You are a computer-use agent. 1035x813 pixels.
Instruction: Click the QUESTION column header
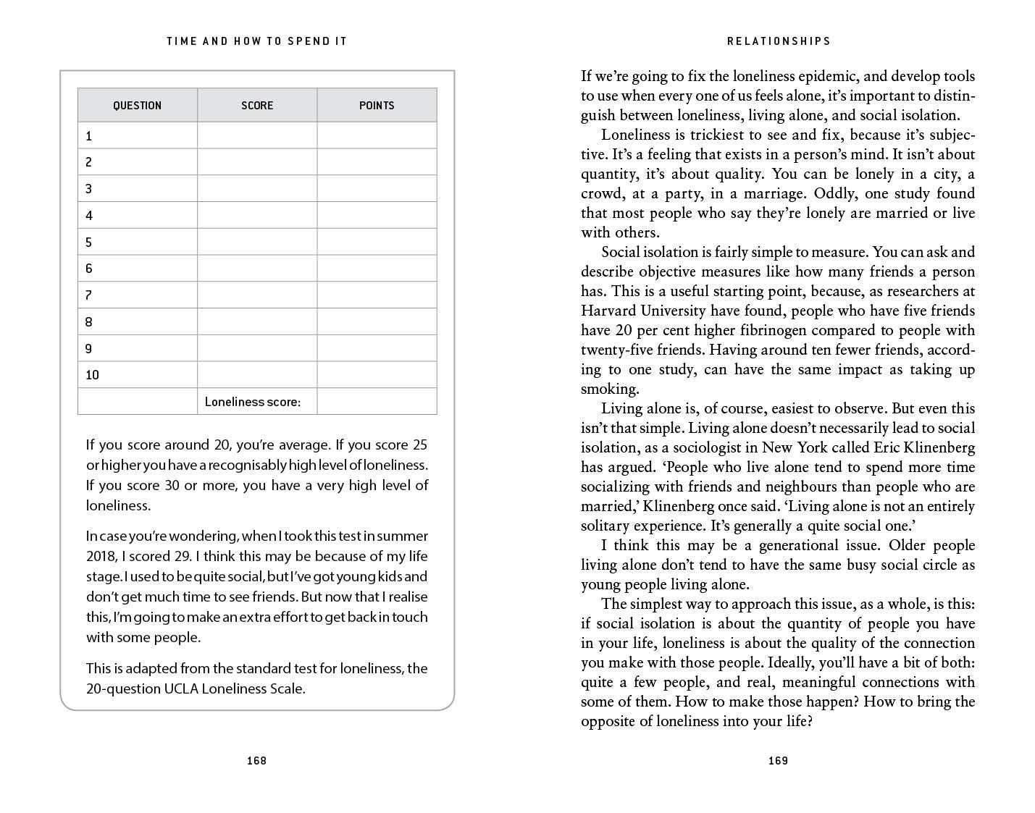pyautogui.click(x=137, y=106)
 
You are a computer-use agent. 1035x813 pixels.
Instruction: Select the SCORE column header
pyautogui.click(x=257, y=106)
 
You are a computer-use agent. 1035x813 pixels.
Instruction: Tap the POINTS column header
pyautogui.click(x=377, y=106)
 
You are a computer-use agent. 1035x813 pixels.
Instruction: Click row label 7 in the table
pyautogui.click(x=89, y=295)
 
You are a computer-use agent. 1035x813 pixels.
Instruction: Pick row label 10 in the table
pyautogui.click(x=92, y=375)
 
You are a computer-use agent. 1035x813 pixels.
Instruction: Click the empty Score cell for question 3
pyautogui.click(x=257, y=189)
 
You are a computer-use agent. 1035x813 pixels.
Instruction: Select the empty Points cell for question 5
pyautogui.click(x=377, y=242)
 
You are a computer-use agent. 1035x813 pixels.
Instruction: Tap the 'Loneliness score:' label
pyautogui.click(x=252, y=402)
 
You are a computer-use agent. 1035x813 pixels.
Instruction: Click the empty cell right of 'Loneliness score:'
pyautogui.click(x=377, y=401)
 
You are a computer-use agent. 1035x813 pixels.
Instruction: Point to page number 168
pyautogui.click(x=256, y=761)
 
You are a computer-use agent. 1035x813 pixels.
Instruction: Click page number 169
pyautogui.click(x=778, y=761)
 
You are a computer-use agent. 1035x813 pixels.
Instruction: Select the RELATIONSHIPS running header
pyautogui.click(x=779, y=41)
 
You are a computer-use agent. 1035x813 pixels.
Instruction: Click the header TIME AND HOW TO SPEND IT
pyautogui.click(x=256, y=41)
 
